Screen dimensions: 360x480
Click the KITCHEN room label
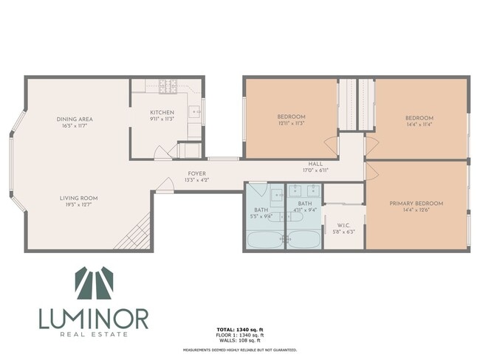[162, 113]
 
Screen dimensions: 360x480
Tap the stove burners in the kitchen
[167, 86]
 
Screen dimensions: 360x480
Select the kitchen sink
[194, 112]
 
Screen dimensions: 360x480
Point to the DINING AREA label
[74, 120]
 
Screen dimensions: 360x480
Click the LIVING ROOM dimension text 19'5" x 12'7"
[79, 206]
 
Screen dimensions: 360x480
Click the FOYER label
[196, 173]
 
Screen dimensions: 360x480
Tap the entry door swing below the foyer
[165, 186]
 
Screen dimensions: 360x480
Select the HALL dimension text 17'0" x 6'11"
[315, 170]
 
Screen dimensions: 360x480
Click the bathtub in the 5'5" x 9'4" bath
[264, 239]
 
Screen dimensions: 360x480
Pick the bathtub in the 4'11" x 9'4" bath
[304, 239]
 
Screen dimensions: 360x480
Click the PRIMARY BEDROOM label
[418, 204]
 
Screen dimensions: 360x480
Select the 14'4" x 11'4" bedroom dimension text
[419, 125]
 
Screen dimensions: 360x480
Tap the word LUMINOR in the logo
[94, 319]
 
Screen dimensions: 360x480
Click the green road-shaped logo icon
[94, 283]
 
